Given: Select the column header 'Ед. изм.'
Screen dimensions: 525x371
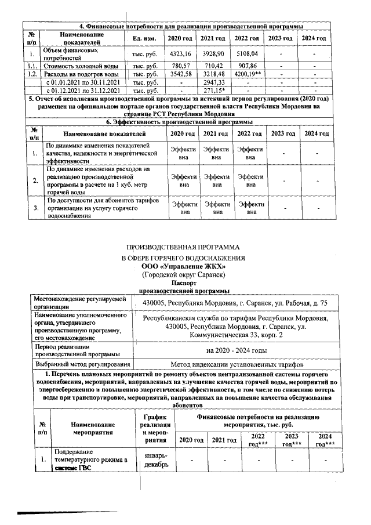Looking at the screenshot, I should tap(141, 38).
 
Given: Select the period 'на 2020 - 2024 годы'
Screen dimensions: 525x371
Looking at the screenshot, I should tap(236, 350).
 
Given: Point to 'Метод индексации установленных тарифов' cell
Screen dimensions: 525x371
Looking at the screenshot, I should tap(236, 364).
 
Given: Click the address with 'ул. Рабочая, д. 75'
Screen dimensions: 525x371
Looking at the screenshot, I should tap(236, 303).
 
